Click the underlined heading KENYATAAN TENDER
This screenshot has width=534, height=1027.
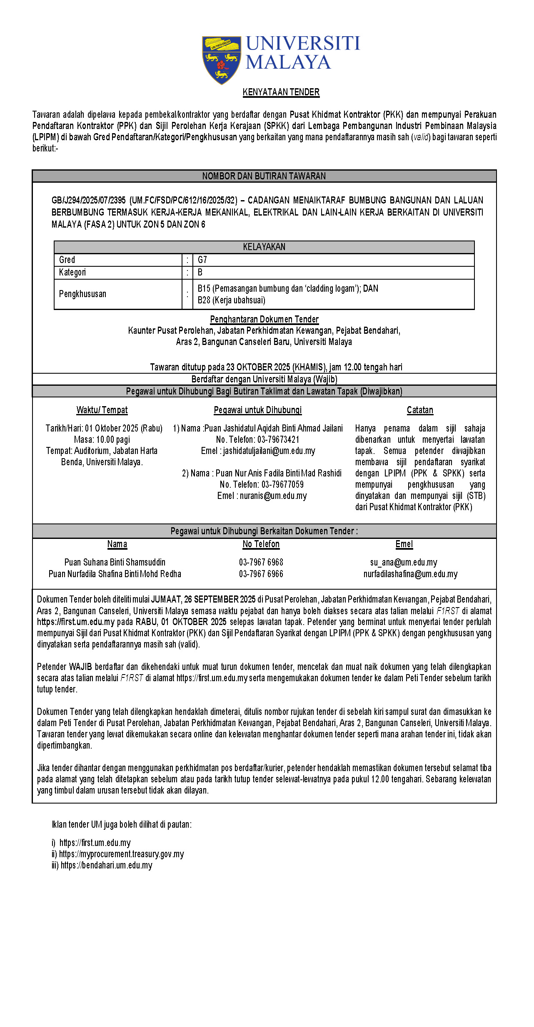(281, 92)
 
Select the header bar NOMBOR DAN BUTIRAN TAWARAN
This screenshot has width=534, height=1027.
(264, 176)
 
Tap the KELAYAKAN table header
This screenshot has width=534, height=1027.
(264, 247)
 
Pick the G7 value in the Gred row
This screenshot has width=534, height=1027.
(202, 260)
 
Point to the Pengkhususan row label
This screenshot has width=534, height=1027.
(82, 294)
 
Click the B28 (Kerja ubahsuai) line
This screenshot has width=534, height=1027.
(231, 300)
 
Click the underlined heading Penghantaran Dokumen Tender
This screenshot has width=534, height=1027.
(264, 320)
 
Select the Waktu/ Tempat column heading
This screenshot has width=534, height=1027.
(102, 410)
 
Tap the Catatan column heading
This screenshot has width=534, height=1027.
(420, 410)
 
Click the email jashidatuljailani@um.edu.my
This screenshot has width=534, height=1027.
(269, 451)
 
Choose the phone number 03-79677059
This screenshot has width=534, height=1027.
(282, 485)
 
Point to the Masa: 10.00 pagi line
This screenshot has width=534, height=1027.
(102, 440)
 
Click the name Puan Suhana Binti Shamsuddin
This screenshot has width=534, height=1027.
(115, 563)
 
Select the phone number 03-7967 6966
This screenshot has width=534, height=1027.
(261, 574)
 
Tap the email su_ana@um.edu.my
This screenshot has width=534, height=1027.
(404, 563)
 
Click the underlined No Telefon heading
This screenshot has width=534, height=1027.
(261, 544)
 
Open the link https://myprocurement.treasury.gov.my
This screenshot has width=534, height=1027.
(121, 854)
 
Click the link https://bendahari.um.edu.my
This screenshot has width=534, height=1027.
(107, 865)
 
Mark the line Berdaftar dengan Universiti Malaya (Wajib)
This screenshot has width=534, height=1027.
(264, 379)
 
